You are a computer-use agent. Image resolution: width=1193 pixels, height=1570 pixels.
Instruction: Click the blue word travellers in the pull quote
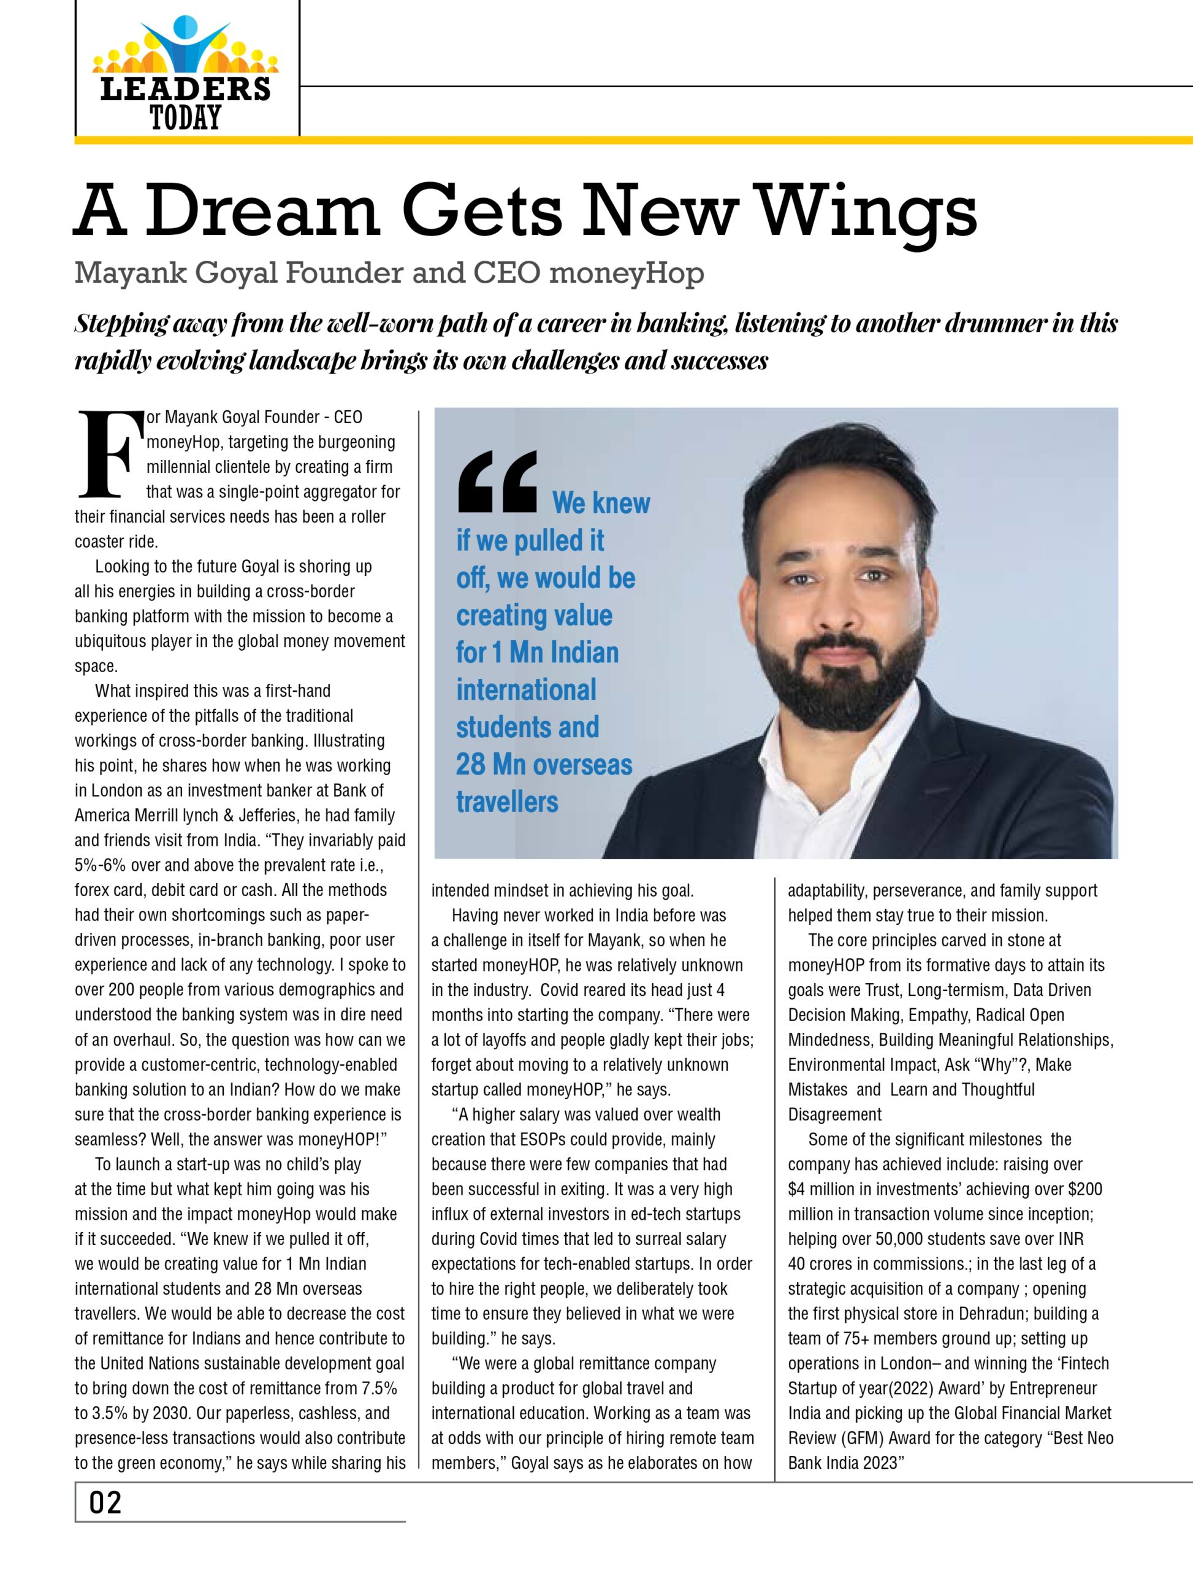[x=507, y=802]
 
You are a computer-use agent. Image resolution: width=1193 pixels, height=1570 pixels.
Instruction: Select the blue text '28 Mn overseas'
[x=544, y=764]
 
